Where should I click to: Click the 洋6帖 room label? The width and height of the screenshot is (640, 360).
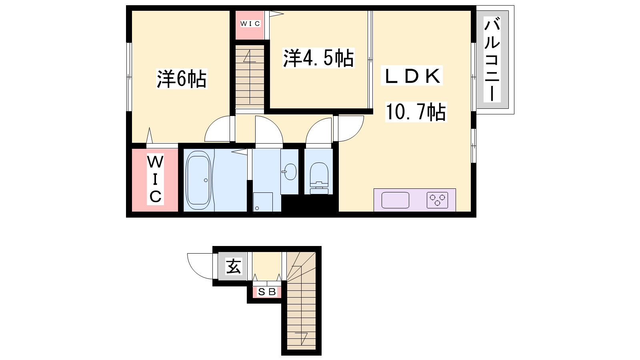182,79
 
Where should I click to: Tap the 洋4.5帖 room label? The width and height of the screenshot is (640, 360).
318,58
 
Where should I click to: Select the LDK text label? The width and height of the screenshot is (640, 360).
412,76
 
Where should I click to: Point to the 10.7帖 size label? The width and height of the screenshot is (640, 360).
416,112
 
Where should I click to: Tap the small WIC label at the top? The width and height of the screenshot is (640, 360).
250,24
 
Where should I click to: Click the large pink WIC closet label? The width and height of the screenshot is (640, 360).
155,179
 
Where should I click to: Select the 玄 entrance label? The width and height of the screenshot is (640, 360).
234,266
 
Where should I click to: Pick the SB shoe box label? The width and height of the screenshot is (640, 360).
267,292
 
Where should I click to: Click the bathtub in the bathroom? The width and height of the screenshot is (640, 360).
198,178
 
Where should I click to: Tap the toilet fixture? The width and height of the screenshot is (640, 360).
319,178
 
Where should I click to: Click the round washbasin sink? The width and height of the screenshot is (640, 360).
290,172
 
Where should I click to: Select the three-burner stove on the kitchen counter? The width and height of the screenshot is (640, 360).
437,200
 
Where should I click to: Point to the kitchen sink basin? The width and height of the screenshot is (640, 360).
395,200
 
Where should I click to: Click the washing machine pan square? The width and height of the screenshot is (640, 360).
263,202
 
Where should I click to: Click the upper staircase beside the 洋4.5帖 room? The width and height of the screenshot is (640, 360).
250,77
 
